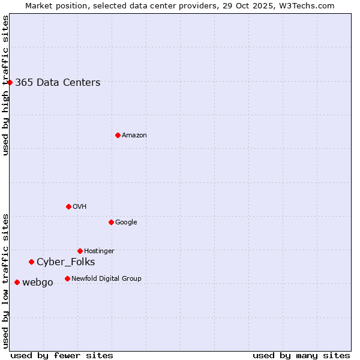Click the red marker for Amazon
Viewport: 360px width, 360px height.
(x=118, y=135)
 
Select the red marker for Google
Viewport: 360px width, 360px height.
(x=111, y=222)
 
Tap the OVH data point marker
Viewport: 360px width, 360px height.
(x=68, y=206)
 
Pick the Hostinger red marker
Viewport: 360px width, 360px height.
(x=80, y=251)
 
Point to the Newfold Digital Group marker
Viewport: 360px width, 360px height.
(x=67, y=278)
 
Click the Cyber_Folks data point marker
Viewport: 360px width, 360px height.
(x=31, y=262)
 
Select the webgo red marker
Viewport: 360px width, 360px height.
(x=17, y=282)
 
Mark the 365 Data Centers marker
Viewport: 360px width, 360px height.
(x=10, y=82)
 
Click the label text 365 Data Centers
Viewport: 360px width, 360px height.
(x=58, y=83)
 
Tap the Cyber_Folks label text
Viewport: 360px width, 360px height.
(x=66, y=262)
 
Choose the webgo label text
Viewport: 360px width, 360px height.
(x=38, y=283)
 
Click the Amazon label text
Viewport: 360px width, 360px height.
(x=134, y=136)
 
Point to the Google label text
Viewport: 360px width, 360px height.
(x=126, y=223)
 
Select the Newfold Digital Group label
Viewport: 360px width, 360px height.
(x=106, y=278)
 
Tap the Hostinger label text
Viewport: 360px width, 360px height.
(x=99, y=251)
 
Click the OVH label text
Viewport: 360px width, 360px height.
(x=80, y=207)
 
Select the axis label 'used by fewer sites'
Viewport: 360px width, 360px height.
(x=62, y=355)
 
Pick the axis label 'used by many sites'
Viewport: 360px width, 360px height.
(x=301, y=355)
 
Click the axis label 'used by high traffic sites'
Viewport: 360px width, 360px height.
(x=5, y=85)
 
